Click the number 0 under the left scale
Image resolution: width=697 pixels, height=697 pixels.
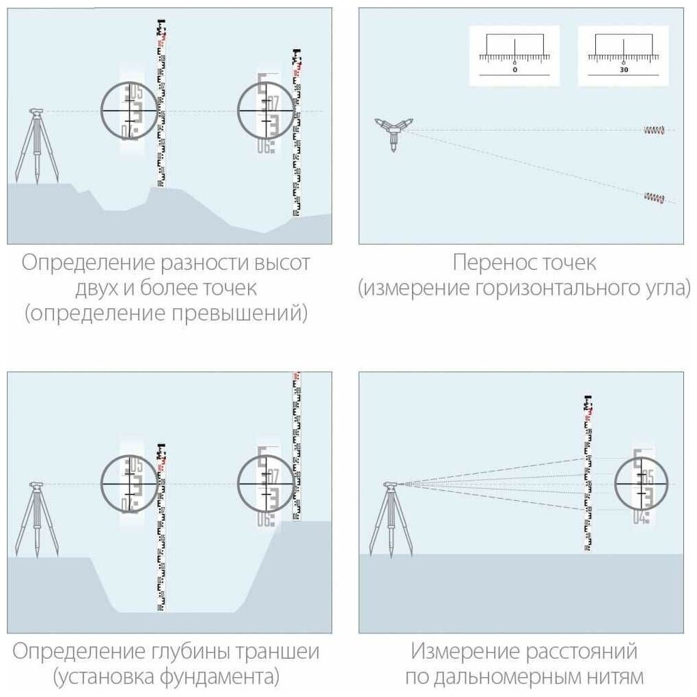515,70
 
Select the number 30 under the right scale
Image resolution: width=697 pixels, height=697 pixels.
624,70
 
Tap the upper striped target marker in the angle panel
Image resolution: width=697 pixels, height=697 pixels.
654,130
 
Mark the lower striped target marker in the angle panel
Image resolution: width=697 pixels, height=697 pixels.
654,197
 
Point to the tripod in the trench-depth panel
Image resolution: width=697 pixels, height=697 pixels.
36,519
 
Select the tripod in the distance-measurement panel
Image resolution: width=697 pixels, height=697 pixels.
391,519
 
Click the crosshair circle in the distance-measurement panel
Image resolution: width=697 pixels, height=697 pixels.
641,483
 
